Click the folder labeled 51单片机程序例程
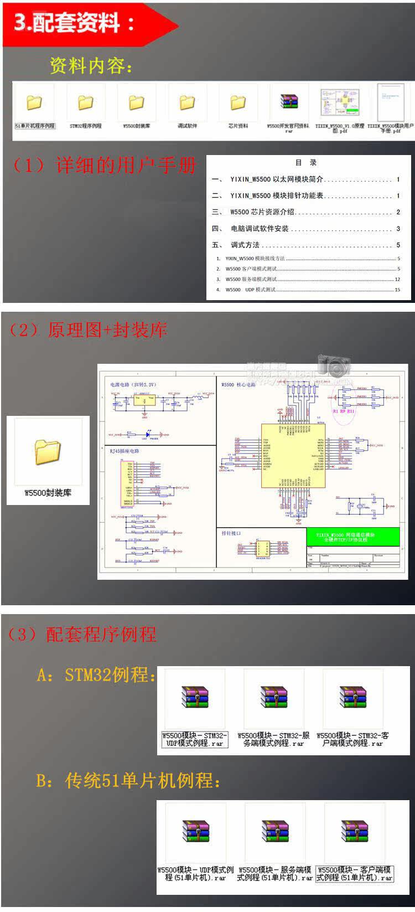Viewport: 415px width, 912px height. coord(34,103)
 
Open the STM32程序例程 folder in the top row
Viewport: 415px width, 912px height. coord(85,103)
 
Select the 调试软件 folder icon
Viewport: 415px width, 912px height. coord(187,103)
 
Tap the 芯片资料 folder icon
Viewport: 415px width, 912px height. coord(238,103)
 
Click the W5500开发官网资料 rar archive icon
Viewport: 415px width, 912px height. coord(288,102)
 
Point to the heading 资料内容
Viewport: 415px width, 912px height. coord(91,66)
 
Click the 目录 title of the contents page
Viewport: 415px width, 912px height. coord(305,163)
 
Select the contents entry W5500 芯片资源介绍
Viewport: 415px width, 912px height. coord(262,212)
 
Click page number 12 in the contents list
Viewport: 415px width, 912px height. coord(397,279)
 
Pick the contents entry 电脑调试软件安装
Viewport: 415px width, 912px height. coord(260,229)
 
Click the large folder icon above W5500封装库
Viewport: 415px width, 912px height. coord(48,452)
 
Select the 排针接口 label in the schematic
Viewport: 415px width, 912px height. coord(231,533)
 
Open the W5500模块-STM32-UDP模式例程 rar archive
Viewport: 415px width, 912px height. coord(194,697)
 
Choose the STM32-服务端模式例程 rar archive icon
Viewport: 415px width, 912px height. coord(273,697)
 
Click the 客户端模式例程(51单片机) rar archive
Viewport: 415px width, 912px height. coord(354,831)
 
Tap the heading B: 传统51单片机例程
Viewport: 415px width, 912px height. coord(128,781)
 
